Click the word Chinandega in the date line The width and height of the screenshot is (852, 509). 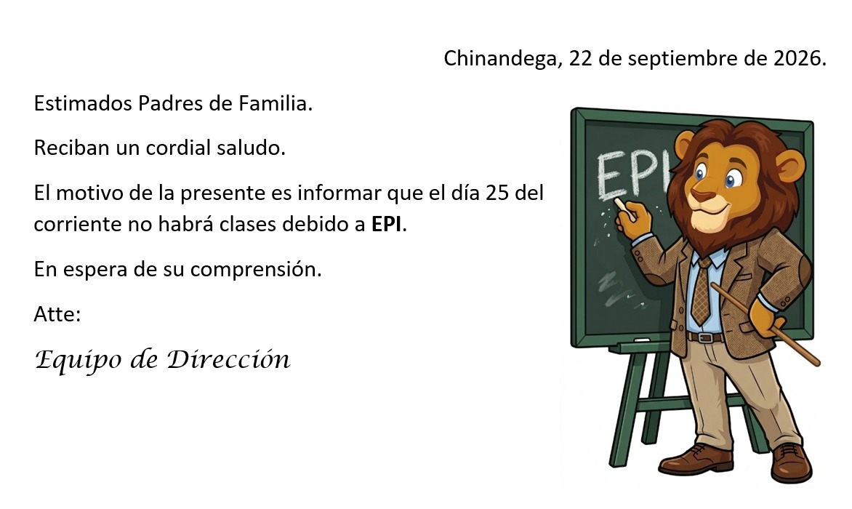tap(500, 58)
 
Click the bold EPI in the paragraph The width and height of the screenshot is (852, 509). tap(386, 224)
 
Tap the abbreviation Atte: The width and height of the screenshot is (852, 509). tap(57, 314)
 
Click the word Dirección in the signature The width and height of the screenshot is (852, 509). tap(228, 359)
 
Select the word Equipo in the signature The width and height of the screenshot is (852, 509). tap(78, 361)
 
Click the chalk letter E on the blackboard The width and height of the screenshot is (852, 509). tap(611, 175)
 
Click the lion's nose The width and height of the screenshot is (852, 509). tap(702, 196)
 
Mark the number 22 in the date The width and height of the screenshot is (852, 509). tap(580, 58)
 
